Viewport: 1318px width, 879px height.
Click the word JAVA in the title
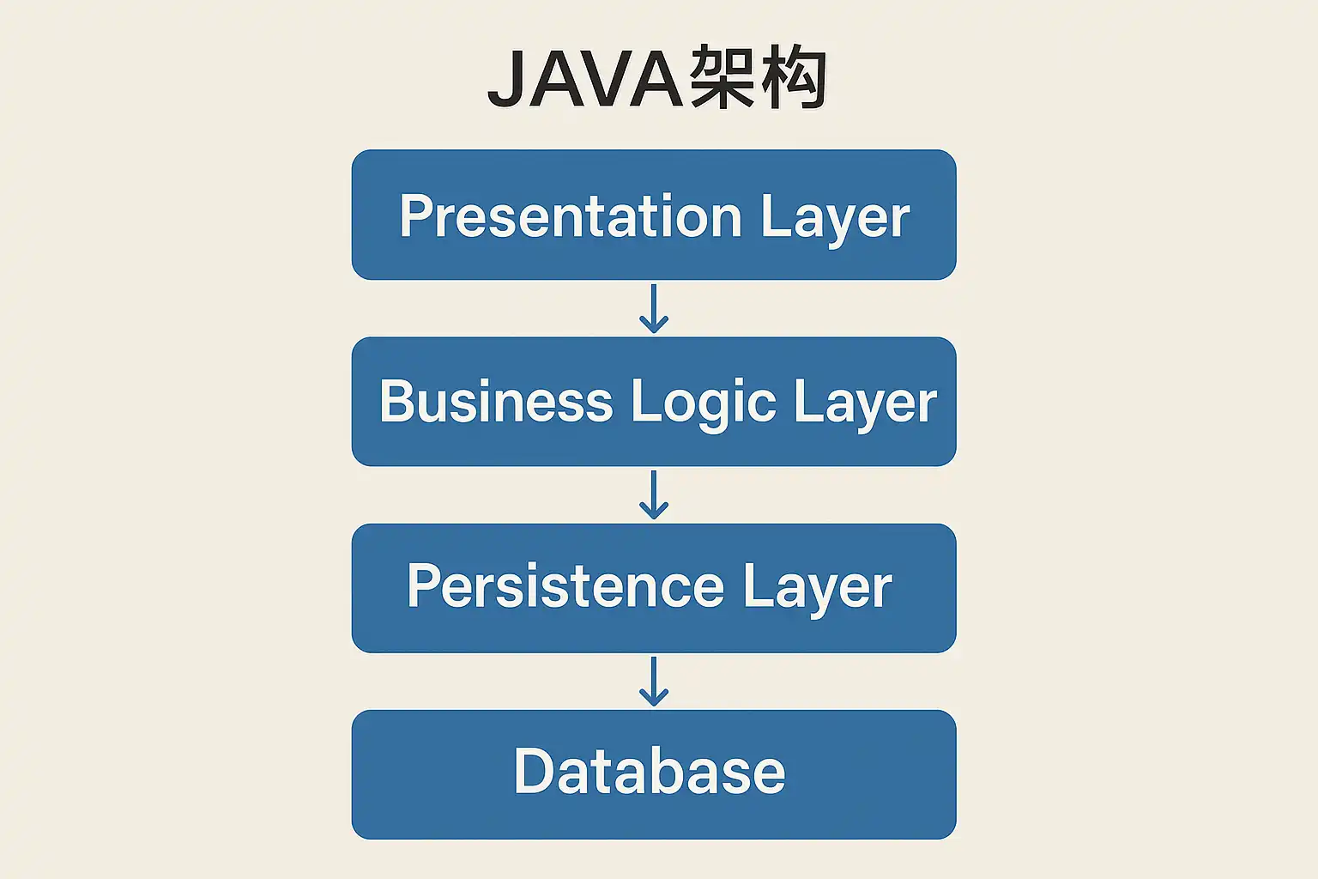(x=585, y=79)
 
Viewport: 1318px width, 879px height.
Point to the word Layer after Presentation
(x=836, y=221)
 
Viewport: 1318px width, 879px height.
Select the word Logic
(x=704, y=405)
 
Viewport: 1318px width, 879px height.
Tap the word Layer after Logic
(x=866, y=405)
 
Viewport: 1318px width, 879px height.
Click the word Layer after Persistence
(x=817, y=590)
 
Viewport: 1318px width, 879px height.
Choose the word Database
(x=650, y=771)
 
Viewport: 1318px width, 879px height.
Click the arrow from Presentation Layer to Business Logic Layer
(x=654, y=308)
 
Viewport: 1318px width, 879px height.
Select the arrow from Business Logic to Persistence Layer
(x=654, y=494)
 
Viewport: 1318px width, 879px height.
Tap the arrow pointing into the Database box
(x=654, y=682)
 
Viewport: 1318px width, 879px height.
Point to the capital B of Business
(x=398, y=400)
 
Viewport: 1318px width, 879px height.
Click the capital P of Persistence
(x=424, y=585)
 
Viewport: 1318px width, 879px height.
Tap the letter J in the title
(x=506, y=80)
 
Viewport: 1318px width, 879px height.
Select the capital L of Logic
(x=645, y=400)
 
